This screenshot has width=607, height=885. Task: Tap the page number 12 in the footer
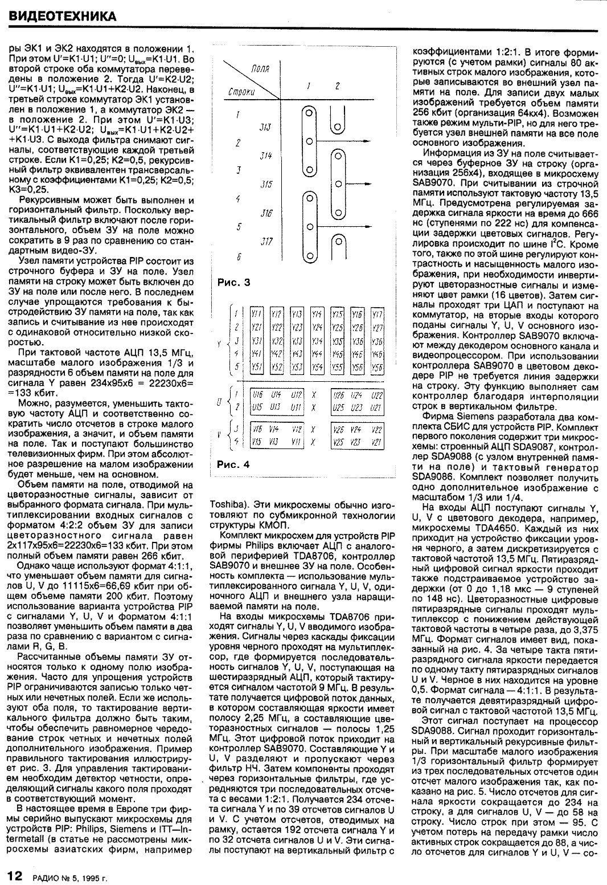pyautogui.click(x=14, y=874)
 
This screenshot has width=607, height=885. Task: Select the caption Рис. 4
pyautogui.click(x=233, y=464)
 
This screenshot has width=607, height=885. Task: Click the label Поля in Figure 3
pyautogui.click(x=260, y=70)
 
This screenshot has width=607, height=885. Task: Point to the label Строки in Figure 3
pyautogui.click(x=241, y=91)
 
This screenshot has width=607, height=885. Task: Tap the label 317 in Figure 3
pyautogui.click(x=266, y=242)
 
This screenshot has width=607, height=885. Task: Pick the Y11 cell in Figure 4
pyautogui.click(x=257, y=314)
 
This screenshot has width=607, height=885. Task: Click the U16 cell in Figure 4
pyautogui.click(x=257, y=394)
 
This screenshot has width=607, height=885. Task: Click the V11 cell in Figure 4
pyautogui.click(x=297, y=442)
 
